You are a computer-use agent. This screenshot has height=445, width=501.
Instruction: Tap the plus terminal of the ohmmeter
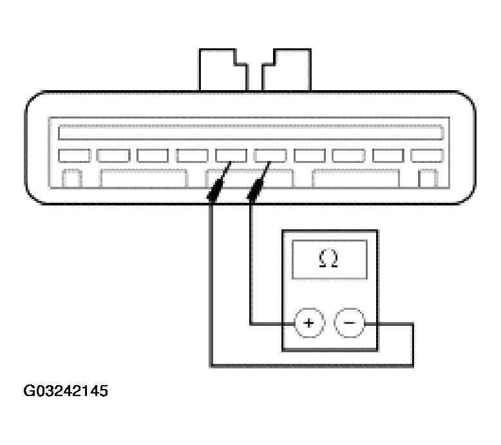click(x=309, y=323)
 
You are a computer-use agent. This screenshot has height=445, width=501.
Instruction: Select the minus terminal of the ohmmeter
click(x=350, y=323)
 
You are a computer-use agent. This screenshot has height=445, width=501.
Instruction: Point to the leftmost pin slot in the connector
click(x=73, y=155)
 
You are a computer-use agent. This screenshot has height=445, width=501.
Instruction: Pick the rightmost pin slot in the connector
click(x=427, y=155)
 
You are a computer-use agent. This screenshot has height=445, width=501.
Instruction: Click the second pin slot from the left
click(x=113, y=155)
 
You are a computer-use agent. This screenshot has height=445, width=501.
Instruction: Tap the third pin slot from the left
click(x=153, y=155)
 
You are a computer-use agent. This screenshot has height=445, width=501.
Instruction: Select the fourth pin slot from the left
click(x=192, y=155)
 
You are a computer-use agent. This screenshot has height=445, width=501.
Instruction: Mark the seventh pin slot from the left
click(x=310, y=155)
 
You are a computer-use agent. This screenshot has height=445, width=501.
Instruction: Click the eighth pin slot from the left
click(x=348, y=155)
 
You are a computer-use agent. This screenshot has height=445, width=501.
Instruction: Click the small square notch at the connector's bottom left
click(x=71, y=178)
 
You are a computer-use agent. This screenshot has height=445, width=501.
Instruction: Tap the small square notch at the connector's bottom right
click(x=427, y=178)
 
